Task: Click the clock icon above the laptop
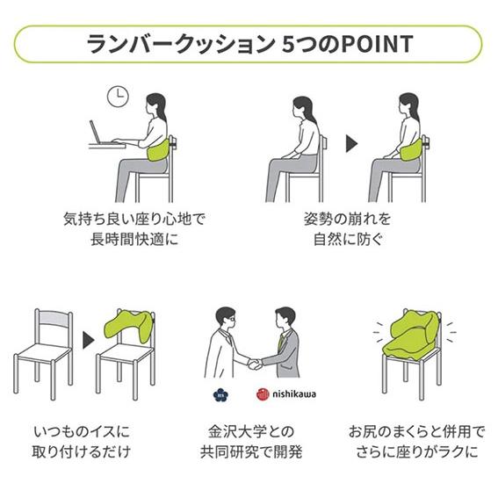click(118, 97)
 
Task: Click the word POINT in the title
click(377, 44)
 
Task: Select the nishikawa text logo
click(294, 394)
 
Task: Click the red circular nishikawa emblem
click(263, 394)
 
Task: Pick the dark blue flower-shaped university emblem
click(220, 395)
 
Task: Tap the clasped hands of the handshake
click(255, 364)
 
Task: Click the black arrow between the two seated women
click(351, 144)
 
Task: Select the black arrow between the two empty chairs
click(89, 340)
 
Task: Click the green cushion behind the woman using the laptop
click(158, 150)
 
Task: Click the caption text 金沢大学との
click(251, 431)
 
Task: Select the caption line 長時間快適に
click(134, 239)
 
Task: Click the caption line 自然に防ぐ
click(348, 239)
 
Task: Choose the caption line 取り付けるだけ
click(82, 452)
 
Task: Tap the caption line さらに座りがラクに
click(416, 452)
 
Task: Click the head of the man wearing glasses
click(226, 318)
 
